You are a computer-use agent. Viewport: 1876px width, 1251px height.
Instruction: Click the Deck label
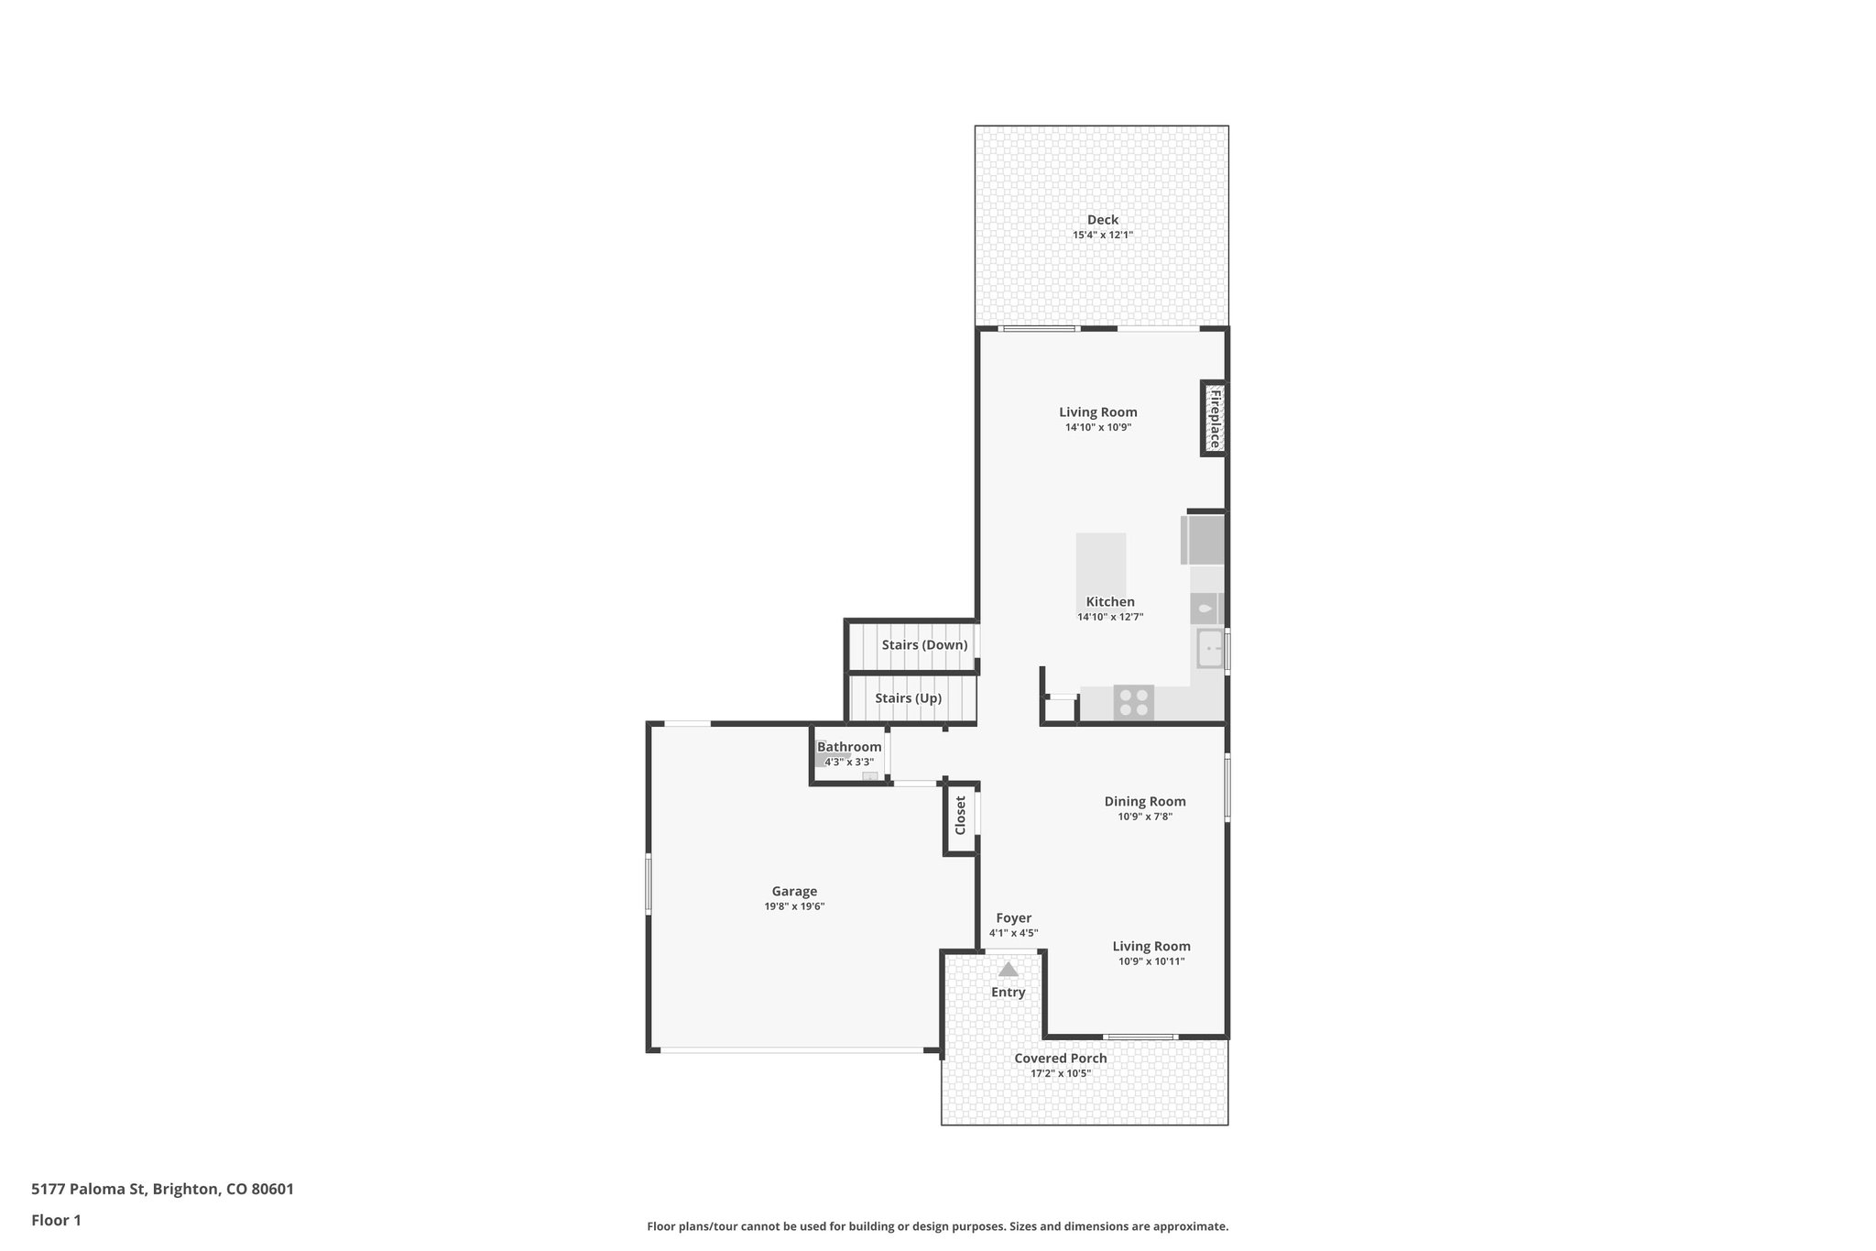[1102, 220]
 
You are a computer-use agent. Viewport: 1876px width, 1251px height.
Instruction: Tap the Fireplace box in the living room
[1215, 419]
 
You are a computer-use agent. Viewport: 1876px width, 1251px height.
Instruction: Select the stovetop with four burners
[1133, 703]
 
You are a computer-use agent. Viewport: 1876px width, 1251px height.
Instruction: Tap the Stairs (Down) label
[923, 645]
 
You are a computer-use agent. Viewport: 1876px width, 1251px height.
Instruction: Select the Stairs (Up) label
[908, 698]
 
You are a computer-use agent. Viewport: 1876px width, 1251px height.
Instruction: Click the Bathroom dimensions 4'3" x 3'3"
[849, 763]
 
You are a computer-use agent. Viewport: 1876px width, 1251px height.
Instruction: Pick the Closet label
[960, 816]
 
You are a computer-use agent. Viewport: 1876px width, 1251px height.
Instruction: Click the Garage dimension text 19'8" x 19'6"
[794, 906]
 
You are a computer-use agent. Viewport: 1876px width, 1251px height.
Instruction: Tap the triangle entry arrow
[1008, 969]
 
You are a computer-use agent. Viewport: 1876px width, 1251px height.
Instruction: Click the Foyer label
[1013, 918]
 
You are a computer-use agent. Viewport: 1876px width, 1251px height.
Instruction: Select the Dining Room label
[1144, 802]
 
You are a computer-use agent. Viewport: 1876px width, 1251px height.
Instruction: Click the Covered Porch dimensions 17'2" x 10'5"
[1060, 1073]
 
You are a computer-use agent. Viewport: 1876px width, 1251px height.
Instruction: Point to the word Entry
[1008, 993]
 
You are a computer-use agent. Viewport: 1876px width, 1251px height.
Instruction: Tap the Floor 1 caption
[56, 1220]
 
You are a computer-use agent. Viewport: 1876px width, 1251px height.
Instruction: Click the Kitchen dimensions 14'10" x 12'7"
[1109, 618]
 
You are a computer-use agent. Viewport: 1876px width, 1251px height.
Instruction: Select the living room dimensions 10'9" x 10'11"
[1151, 961]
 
